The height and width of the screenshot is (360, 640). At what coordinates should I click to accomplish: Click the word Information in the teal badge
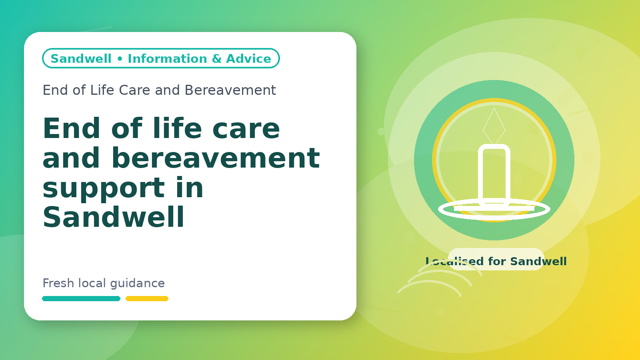tap(167, 58)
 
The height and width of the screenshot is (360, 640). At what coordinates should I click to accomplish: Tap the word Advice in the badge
tap(248, 58)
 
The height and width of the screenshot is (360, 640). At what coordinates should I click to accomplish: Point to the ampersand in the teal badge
tap(216, 58)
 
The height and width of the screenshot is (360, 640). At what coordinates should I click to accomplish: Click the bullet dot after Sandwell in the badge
tap(120, 59)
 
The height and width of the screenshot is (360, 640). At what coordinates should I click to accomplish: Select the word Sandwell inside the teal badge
tap(81, 58)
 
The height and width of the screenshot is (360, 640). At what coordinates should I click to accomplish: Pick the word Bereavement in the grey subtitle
tap(230, 90)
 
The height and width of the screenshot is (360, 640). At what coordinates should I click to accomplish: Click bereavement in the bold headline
tap(216, 158)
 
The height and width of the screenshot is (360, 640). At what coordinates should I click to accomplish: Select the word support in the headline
tap(104, 188)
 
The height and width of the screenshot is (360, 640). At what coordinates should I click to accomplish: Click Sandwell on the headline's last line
tap(114, 217)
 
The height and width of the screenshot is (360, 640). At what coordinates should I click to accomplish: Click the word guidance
tap(138, 284)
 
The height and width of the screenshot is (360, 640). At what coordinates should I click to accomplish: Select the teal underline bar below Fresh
tap(81, 298)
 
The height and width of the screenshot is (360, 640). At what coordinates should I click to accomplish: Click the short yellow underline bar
tap(147, 298)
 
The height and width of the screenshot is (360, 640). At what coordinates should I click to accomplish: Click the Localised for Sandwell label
tap(496, 261)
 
